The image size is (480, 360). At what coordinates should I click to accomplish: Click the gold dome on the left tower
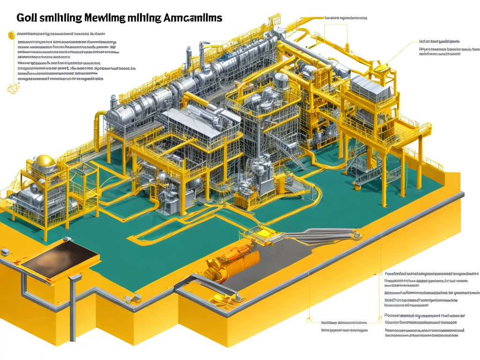[x=45, y=162]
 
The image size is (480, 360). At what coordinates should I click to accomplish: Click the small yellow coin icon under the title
[x=11, y=34]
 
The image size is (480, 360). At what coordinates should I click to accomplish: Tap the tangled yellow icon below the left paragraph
[x=10, y=88]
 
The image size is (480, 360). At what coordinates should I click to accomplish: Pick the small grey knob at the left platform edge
[x=5, y=252]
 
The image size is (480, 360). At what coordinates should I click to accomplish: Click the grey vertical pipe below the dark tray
[x=73, y=309]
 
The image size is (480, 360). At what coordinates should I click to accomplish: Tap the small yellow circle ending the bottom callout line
[x=309, y=321]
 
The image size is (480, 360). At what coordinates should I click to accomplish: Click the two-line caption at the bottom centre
[x=345, y=326]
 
